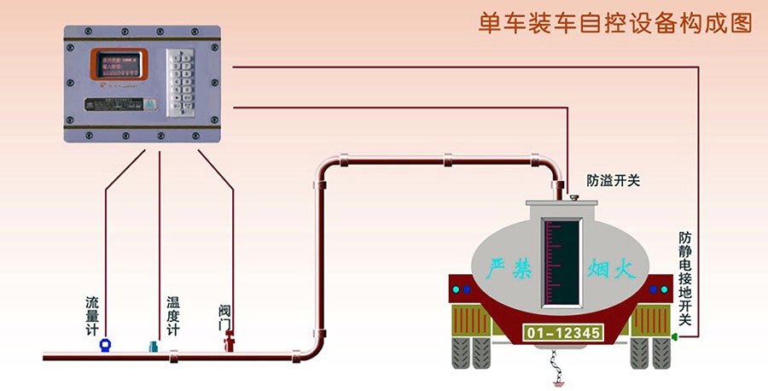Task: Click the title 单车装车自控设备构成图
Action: [614, 22]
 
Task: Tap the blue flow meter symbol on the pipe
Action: [104, 344]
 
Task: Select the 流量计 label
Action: [93, 315]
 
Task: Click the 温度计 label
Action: [173, 315]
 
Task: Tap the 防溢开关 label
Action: [613, 181]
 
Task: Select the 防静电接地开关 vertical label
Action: [684, 278]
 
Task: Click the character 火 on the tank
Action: [626, 271]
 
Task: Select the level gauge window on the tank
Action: [561, 260]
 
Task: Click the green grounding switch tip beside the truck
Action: [674, 338]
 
